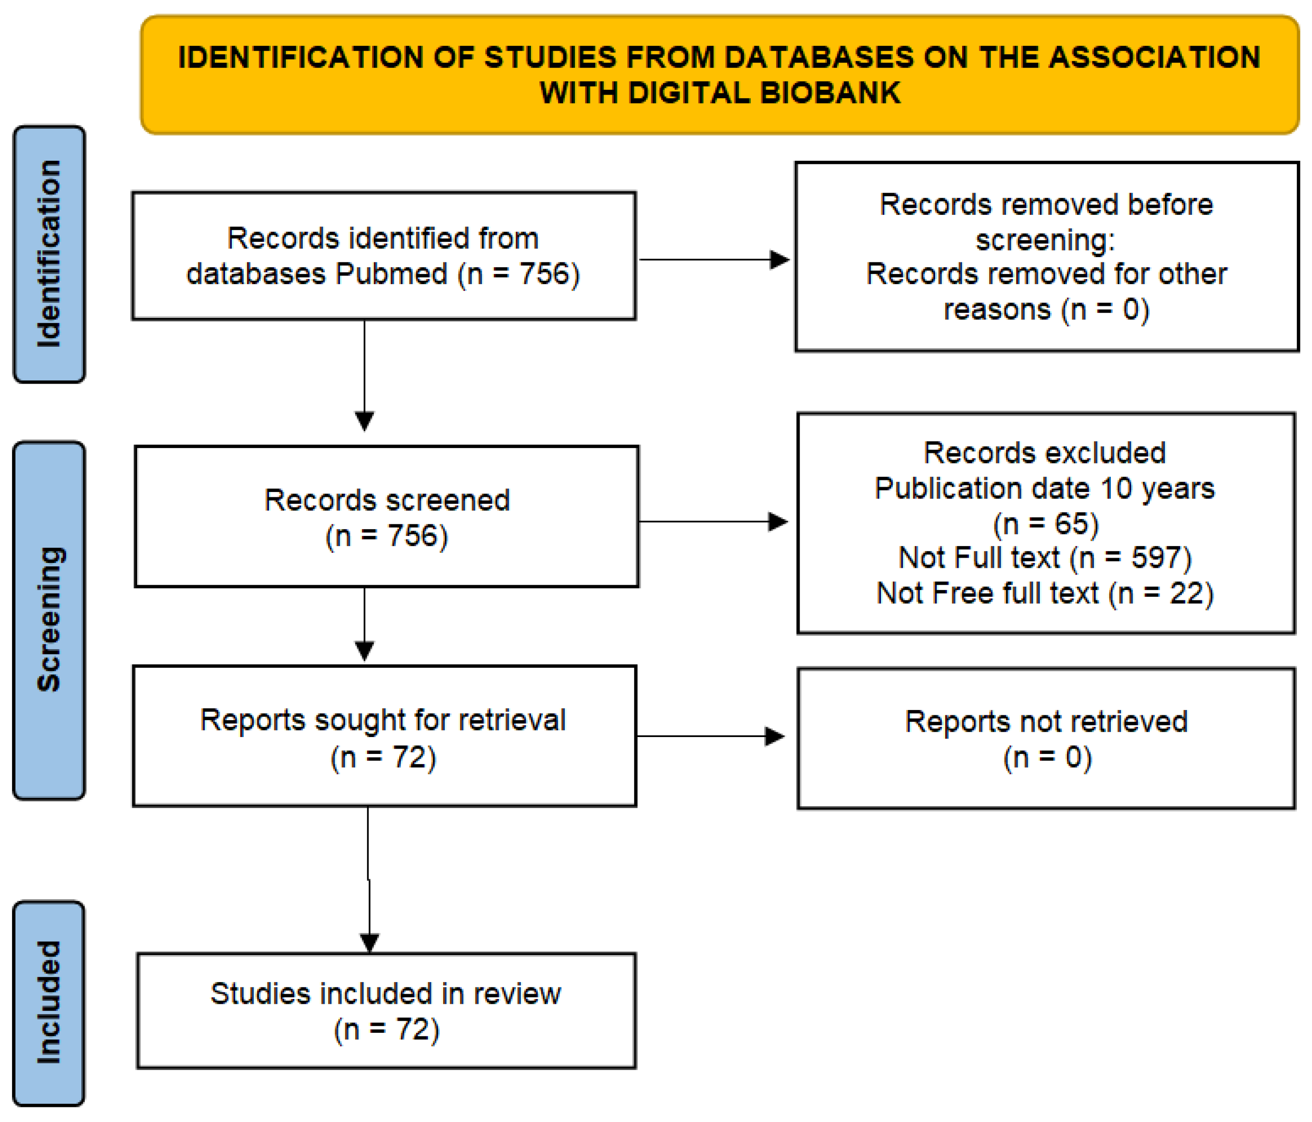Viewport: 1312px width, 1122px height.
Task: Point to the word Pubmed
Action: coord(391,274)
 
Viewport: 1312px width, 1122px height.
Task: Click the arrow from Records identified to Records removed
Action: coord(714,260)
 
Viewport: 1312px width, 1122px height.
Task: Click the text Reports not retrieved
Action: coord(1046,722)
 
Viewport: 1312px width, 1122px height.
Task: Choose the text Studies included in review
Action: coord(386,994)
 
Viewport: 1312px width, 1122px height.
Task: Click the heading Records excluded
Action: coord(1045,453)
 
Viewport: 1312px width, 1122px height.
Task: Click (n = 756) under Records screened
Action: coord(386,535)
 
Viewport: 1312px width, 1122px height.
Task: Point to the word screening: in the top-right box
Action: coord(1045,240)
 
